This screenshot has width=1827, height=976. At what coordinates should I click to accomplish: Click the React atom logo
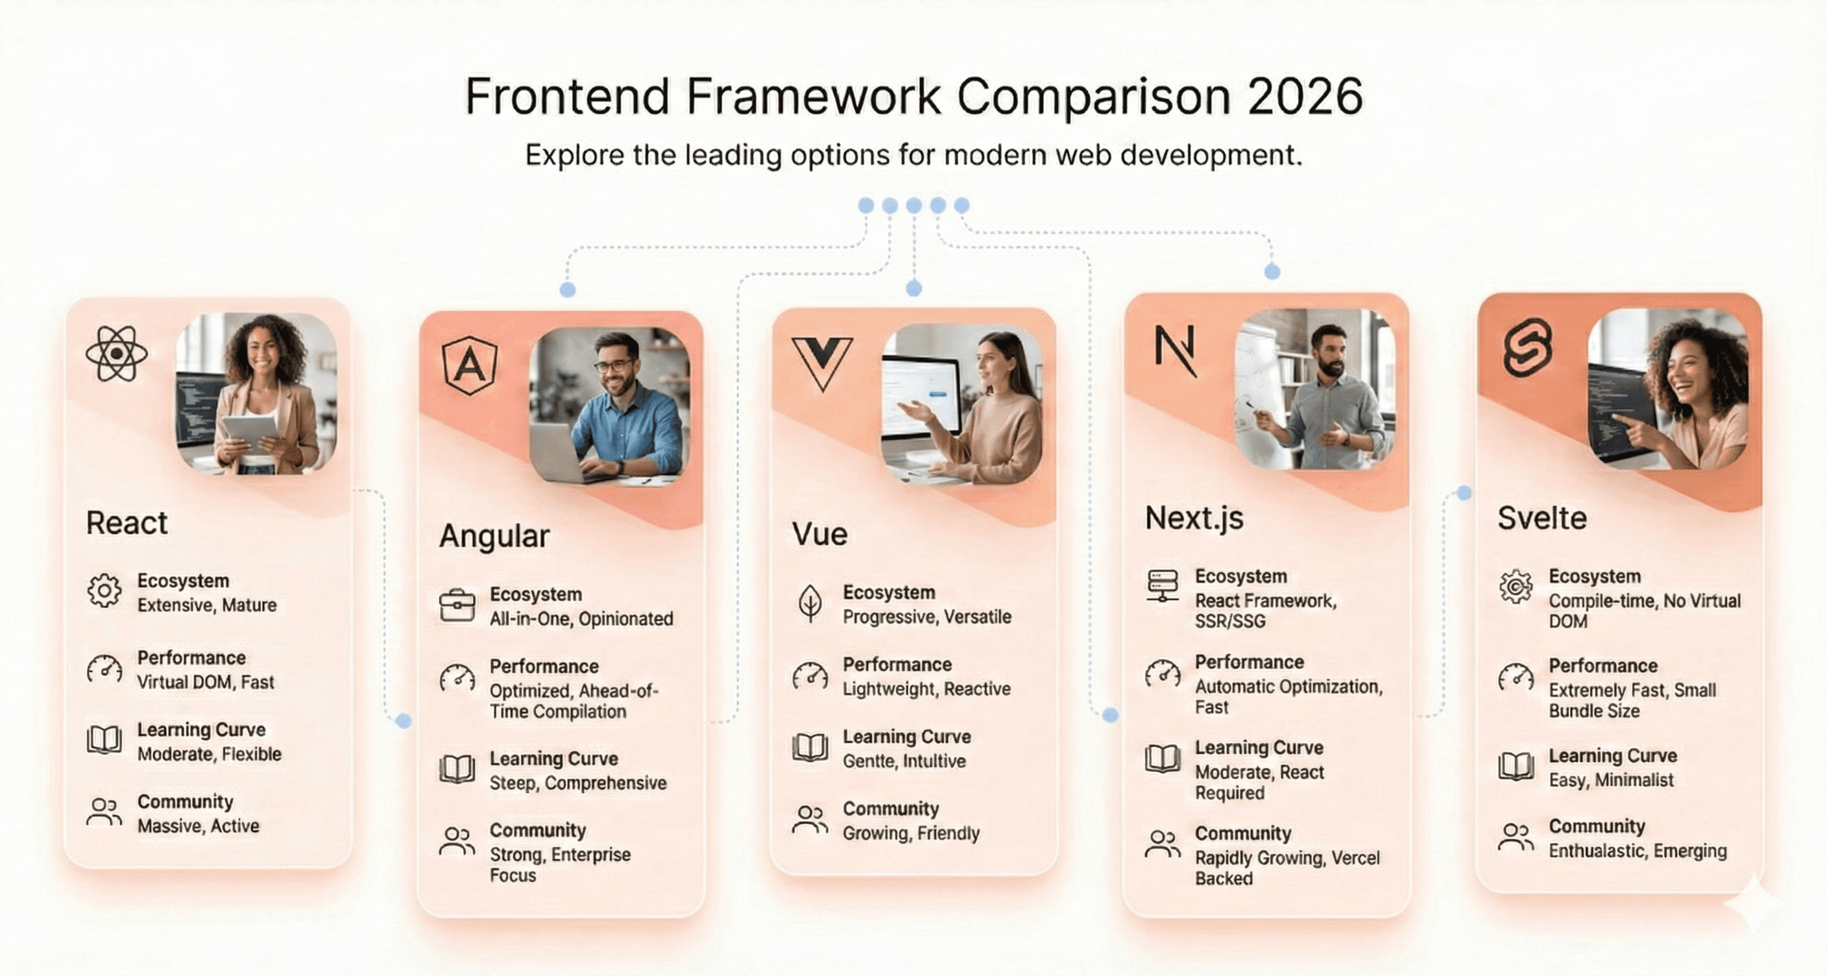pyautogui.click(x=116, y=352)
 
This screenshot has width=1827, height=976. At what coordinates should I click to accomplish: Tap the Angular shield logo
pyautogui.click(x=470, y=365)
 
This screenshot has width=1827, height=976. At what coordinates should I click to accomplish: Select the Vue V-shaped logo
pyautogui.click(x=822, y=363)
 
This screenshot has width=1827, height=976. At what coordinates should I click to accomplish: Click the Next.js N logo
pyautogui.click(x=1175, y=350)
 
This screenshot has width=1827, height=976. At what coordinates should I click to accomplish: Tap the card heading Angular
pyautogui.click(x=494, y=536)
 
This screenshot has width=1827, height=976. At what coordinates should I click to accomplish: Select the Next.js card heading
pyautogui.click(x=1194, y=518)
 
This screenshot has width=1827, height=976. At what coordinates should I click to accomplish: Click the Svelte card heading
pyautogui.click(x=1542, y=518)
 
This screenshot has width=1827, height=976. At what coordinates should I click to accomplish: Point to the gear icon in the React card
pyautogui.click(x=104, y=591)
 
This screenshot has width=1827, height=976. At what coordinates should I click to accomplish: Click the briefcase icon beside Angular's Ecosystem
pyautogui.click(x=457, y=605)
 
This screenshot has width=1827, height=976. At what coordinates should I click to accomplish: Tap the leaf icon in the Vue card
pyautogui.click(x=810, y=604)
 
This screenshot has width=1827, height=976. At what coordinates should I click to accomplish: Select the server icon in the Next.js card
pyautogui.click(x=1163, y=586)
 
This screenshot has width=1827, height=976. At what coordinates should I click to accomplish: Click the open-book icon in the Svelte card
pyautogui.click(x=1516, y=766)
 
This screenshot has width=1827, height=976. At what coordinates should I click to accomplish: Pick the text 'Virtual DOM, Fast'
pyautogui.click(x=205, y=682)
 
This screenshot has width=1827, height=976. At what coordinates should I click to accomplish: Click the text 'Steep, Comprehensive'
pyautogui.click(x=578, y=783)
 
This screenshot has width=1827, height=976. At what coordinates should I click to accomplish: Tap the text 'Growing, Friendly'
pyautogui.click(x=911, y=833)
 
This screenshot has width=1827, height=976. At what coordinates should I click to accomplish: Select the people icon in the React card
pyautogui.click(x=104, y=812)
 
